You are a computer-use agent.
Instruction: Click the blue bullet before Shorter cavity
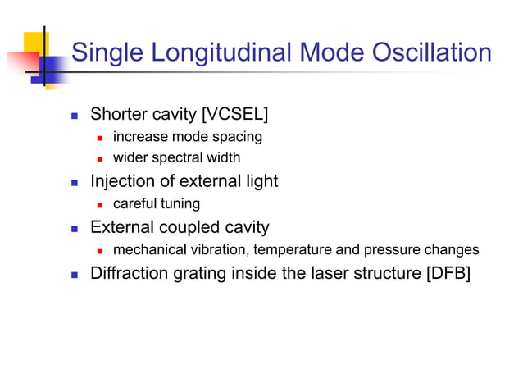point(75,115)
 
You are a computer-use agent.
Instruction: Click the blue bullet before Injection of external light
point(75,182)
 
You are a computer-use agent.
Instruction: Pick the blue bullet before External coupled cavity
point(75,228)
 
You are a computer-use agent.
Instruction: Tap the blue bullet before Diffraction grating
point(75,274)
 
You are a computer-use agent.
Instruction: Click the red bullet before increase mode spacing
point(100,138)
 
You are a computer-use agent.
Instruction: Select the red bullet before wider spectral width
point(100,158)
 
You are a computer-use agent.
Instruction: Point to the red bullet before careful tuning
point(100,204)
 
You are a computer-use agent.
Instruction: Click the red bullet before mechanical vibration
point(100,250)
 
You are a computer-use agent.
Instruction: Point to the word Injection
point(123,181)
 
